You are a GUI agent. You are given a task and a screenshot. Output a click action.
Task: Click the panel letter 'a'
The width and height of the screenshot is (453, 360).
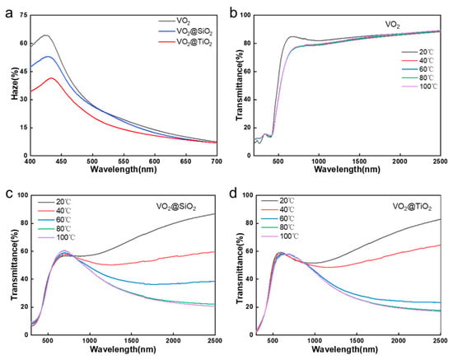(9, 14)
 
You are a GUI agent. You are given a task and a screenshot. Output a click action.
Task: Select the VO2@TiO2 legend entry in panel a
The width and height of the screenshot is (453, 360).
(185, 43)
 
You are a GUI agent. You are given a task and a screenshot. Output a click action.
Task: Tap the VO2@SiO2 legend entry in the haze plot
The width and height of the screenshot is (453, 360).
(185, 31)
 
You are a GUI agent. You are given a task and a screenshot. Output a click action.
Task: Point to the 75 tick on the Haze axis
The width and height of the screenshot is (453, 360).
(23, 15)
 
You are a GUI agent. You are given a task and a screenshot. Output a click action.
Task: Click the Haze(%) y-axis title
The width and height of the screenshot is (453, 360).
(15, 84)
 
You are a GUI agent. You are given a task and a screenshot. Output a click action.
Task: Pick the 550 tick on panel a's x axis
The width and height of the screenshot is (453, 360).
(124, 161)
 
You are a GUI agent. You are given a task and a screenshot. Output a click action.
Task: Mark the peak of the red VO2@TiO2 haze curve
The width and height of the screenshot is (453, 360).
(52, 78)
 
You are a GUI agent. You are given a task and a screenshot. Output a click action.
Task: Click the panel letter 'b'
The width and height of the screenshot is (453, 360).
(233, 13)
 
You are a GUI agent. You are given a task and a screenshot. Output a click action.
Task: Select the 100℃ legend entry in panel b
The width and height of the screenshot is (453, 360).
(419, 86)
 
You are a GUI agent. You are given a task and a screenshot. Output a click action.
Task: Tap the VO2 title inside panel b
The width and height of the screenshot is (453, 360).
(393, 25)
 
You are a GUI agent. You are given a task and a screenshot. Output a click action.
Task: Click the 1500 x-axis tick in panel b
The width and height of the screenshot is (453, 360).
(359, 161)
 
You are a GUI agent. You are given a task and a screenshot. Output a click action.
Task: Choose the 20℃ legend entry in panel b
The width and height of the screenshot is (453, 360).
(418, 52)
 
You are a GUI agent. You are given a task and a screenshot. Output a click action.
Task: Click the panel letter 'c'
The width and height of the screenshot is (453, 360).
(9, 194)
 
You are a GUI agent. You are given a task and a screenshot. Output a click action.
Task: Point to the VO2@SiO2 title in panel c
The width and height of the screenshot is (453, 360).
(176, 207)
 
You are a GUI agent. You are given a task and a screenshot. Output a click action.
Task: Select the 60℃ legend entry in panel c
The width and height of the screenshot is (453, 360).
(54, 220)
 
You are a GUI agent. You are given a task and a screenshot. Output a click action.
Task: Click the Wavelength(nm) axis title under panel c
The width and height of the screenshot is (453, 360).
(123, 349)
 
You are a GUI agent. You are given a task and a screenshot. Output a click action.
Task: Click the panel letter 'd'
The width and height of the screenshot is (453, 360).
(233, 193)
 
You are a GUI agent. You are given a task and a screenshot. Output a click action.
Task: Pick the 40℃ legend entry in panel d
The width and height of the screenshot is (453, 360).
(278, 209)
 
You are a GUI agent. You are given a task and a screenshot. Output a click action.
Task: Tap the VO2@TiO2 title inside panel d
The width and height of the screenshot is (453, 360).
(412, 207)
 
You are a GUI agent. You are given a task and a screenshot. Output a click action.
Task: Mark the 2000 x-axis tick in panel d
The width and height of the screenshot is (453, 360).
(399, 341)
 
